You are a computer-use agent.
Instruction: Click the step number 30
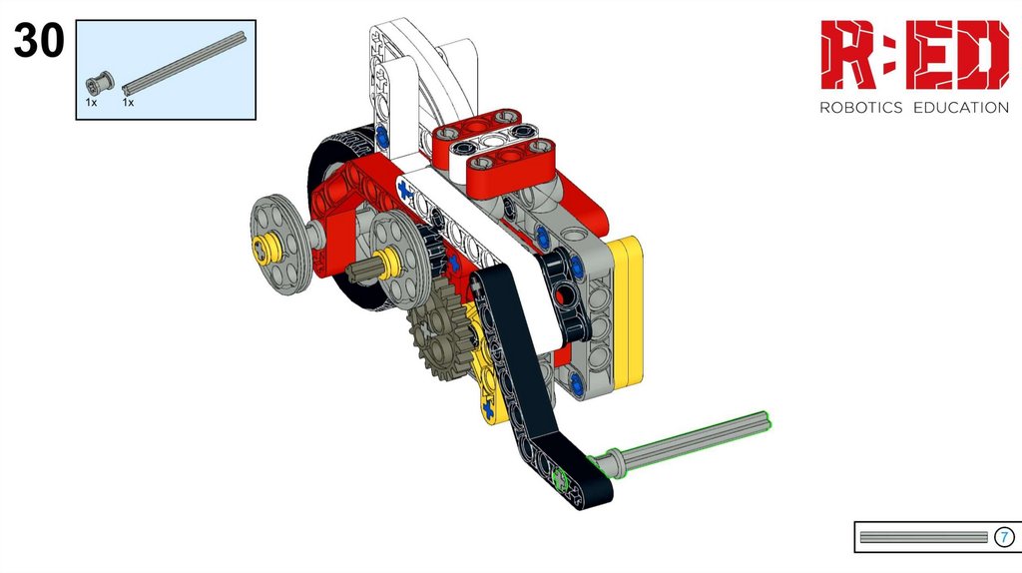pyautogui.click(x=39, y=40)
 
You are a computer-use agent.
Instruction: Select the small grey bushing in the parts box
pyautogui.click(x=100, y=83)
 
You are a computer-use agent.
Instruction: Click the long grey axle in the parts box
pyautogui.click(x=185, y=62)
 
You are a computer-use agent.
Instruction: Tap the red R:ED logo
pyautogui.click(x=914, y=55)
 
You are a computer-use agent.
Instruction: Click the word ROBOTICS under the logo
pyautogui.click(x=860, y=108)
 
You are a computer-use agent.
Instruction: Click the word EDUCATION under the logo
pyautogui.click(x=961, y=108)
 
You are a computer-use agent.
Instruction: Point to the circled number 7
pyautogui.click(x=1004, y=537)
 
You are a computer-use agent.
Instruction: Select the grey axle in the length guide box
pyautogui.click(x=923, y=537)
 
